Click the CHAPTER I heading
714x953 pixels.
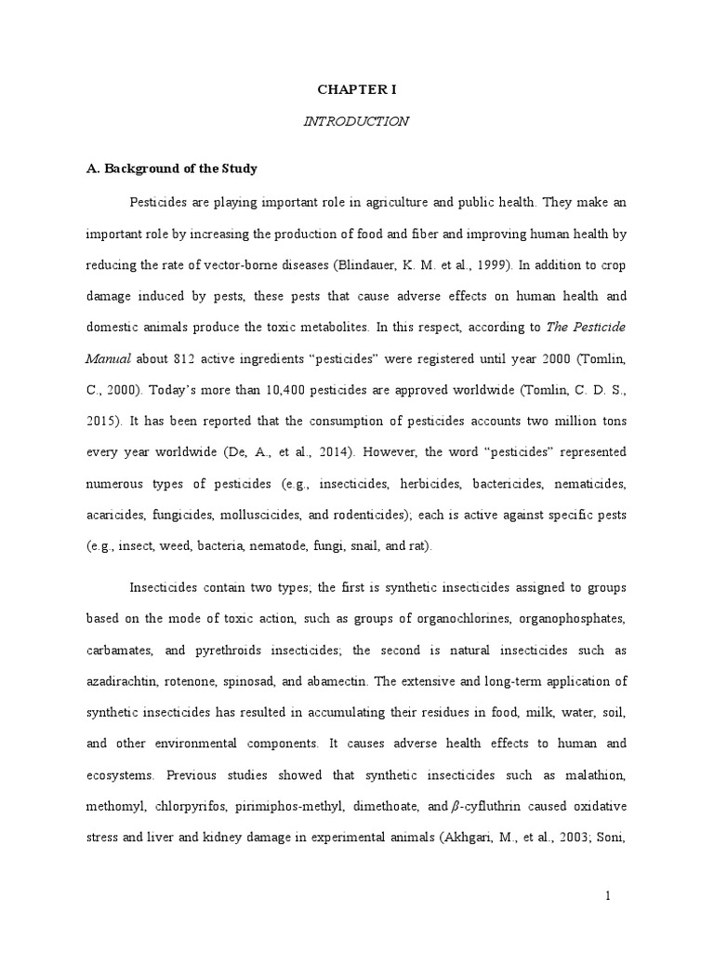[x=357, y=89]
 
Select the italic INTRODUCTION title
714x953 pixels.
[x=356, y=121]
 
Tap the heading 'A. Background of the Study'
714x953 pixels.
[x=171, y=169]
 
